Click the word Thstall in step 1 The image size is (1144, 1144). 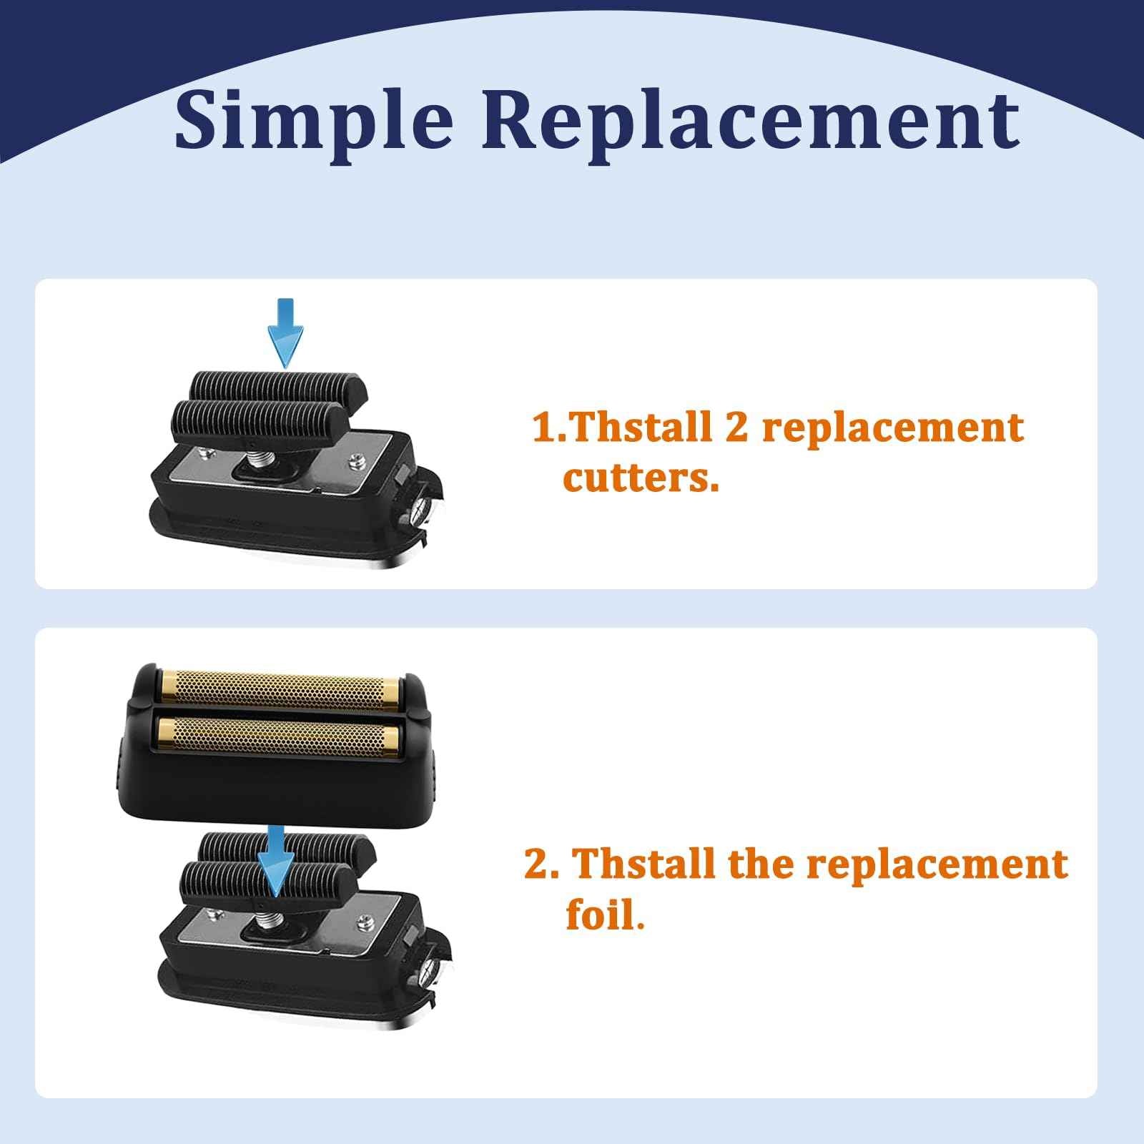(x=641, y=428)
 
